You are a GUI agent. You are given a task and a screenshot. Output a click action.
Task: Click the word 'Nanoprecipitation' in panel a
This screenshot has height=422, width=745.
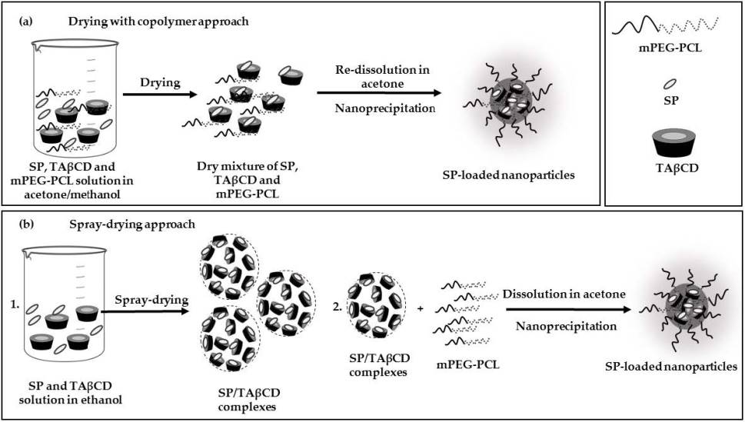coord(385,108)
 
